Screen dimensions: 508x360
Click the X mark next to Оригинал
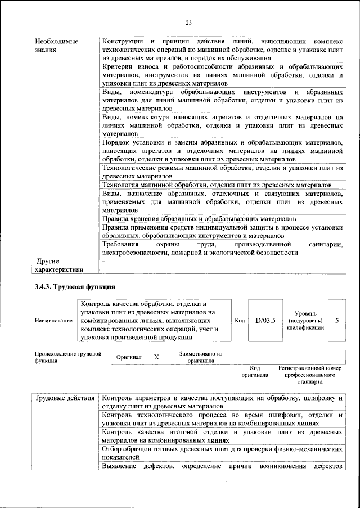tap(157, 357)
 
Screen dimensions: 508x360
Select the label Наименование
tap(53, 321)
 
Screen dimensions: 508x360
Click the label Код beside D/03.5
tap(240, 321)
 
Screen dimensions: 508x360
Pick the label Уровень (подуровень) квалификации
tap(305, 320)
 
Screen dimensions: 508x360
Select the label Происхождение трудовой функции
tap(67, 357)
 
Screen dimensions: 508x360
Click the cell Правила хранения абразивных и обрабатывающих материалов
tap(199, 218)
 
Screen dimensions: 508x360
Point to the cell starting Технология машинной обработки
tap(216, 186)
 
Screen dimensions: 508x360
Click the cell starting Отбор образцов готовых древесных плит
tap(222, 453)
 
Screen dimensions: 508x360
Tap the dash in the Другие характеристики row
tap(103, 262)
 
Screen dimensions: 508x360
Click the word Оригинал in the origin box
tap(129, 357)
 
